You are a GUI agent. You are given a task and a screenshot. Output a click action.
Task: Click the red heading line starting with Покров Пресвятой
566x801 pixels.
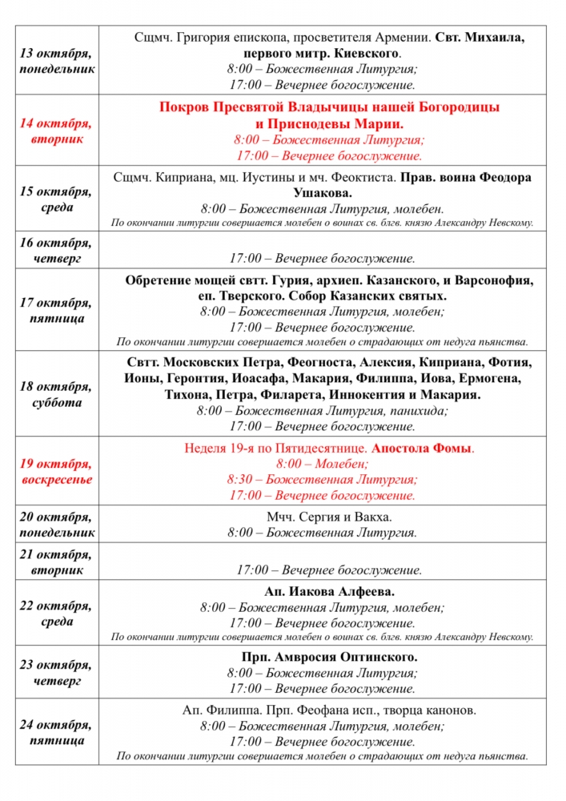click(x=329, y=107)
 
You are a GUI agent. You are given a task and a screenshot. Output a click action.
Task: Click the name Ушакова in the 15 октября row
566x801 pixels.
click(x=323, y=193)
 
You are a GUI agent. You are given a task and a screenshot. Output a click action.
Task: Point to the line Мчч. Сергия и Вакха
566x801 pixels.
click(x=329, y=517)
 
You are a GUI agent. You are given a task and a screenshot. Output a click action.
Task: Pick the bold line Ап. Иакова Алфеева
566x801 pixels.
click(x=329, y=592)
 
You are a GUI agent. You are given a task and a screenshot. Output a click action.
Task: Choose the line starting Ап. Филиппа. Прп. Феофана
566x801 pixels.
click(x=329, y=710)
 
